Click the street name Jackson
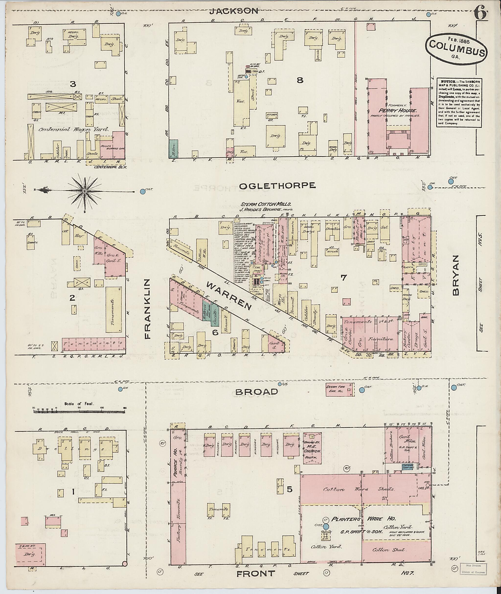[234, 11]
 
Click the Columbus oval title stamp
[457, 48]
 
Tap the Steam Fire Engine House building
[340, 390]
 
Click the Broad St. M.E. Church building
[312, 448]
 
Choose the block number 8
[300, 80]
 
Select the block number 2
[72, 298]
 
